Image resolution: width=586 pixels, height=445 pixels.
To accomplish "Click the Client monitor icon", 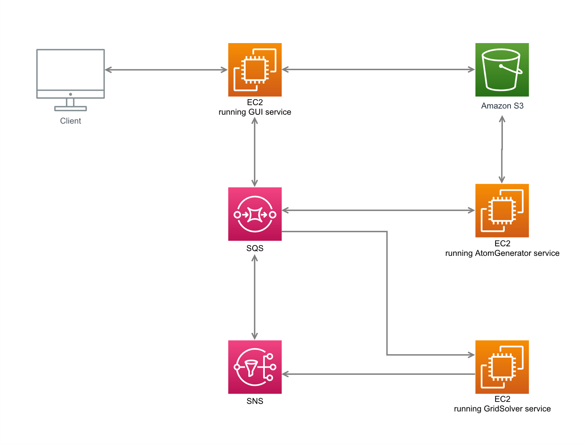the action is coord(70,80).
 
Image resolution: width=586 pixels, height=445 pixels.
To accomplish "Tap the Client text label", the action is coord(70,120).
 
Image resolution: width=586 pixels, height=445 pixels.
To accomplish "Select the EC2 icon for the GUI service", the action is coord(255,70).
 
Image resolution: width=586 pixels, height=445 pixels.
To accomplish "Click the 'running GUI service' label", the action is coord(255,112).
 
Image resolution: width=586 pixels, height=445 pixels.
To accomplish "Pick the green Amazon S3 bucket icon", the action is coord(502,70).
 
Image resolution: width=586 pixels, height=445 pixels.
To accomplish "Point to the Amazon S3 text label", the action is coord(502,106).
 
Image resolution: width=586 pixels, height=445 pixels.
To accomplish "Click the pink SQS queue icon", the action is coord(255,214).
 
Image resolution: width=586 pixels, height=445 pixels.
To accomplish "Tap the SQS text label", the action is coord(255,248).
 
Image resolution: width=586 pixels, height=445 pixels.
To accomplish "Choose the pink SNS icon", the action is coord(255,367).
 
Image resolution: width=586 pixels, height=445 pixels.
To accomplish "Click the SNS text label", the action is coord(255,401).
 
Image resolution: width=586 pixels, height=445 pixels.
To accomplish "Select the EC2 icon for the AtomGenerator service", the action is coord(502,210).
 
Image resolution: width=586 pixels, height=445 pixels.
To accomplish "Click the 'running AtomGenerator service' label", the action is coord(502,253).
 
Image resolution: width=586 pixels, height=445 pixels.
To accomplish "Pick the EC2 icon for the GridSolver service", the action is coord(502,367).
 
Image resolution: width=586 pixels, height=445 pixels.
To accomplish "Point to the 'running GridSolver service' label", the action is coord(502,408).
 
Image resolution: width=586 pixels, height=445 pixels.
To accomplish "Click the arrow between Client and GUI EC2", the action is coord(166,70).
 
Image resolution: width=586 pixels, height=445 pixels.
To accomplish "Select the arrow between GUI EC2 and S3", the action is coord(378,69).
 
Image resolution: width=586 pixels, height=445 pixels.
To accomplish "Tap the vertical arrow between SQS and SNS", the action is coord(255,297).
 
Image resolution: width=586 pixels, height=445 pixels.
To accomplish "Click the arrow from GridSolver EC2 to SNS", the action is coord(378,374).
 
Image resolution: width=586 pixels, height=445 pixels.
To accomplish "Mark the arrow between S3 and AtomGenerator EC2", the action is coord(502,149).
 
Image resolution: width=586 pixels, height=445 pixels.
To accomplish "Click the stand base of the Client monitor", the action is coord(71,109).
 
